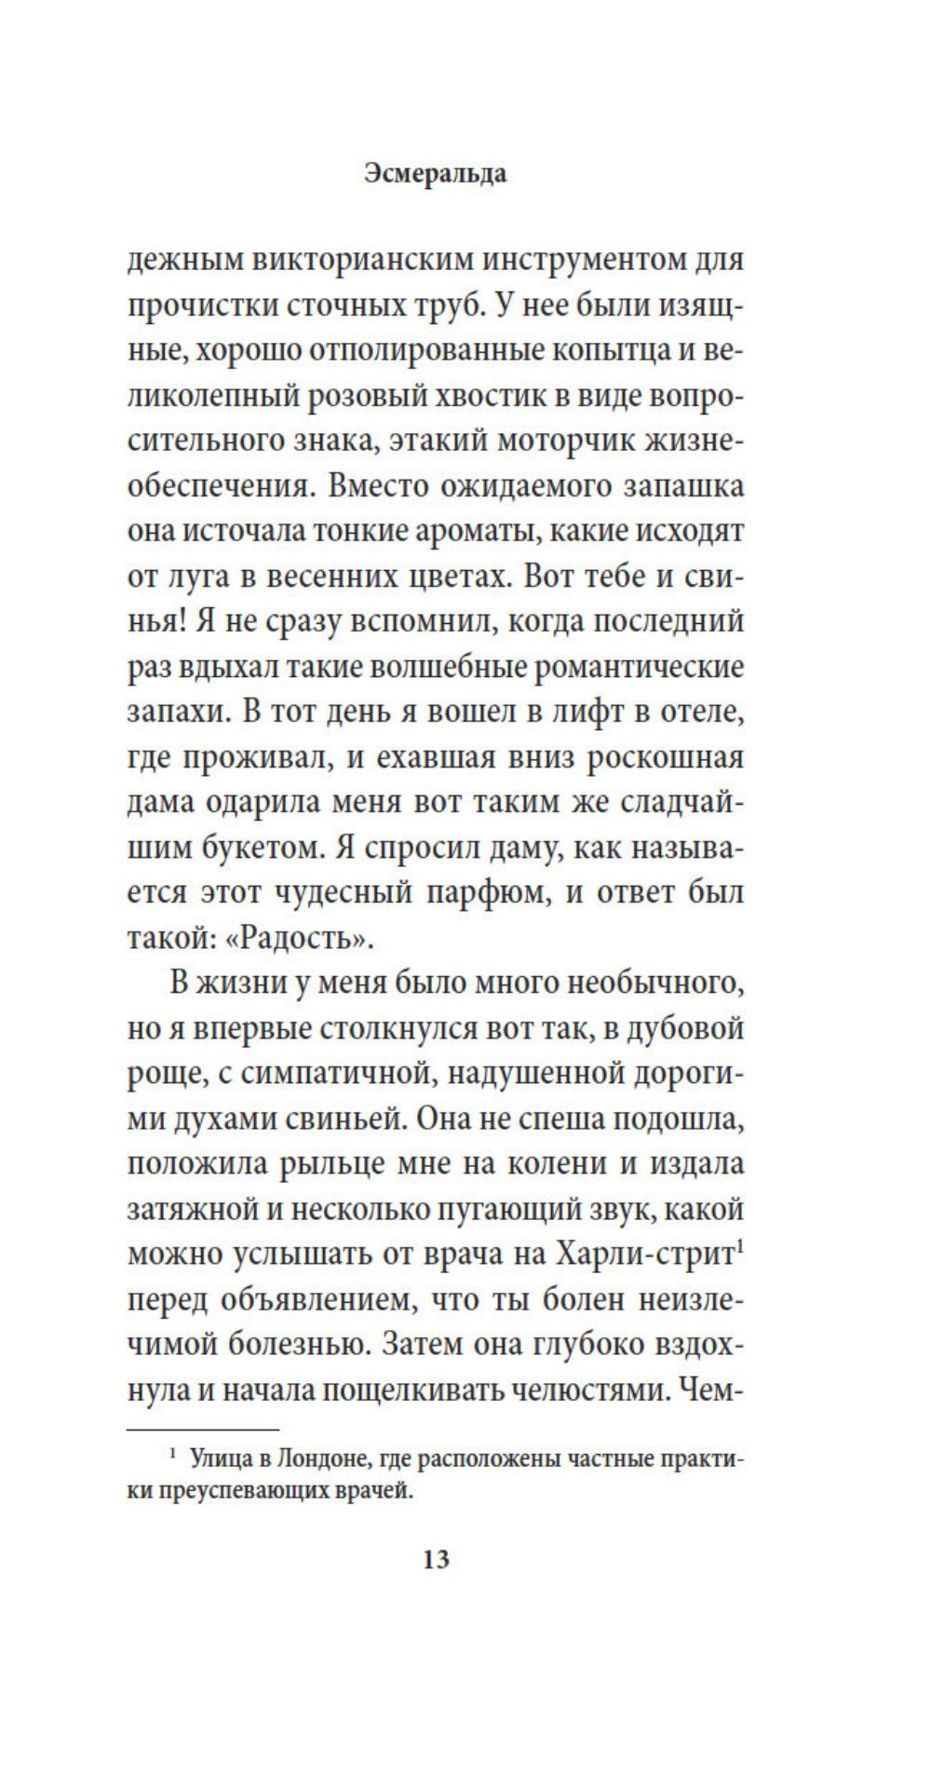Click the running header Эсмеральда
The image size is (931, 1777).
point(436,174)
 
